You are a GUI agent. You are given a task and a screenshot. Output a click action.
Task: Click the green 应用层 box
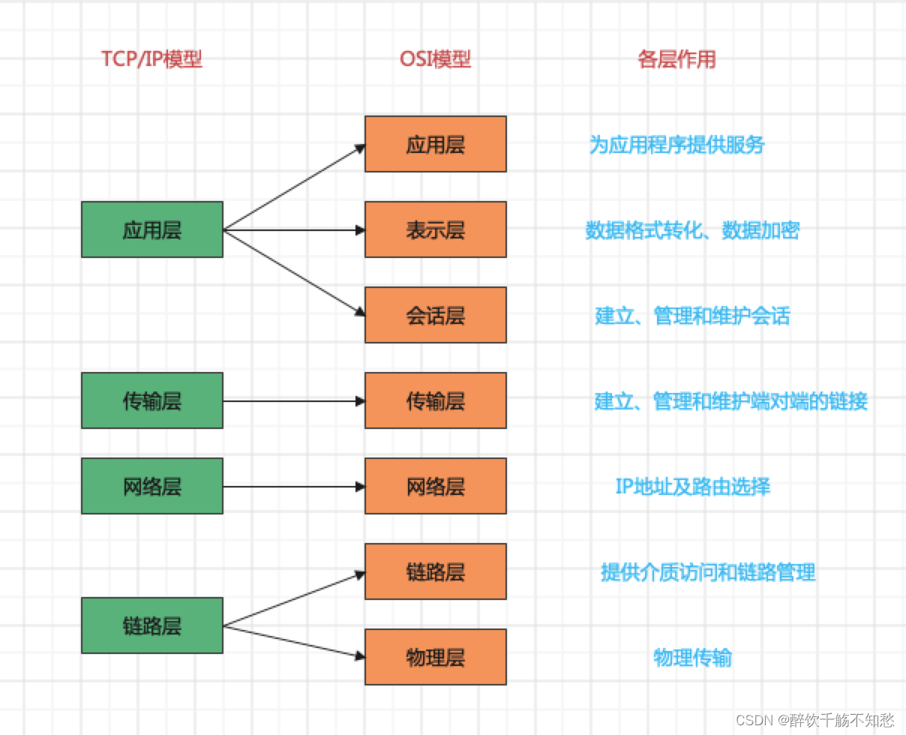point(152,229)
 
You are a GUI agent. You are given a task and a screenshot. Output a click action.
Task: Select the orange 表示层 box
point(436,229)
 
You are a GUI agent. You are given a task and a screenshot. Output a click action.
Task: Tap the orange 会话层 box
point(436,315)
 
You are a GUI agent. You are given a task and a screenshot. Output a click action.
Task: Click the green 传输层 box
point(152,400)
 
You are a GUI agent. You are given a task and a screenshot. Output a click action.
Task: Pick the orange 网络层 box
point(436,486)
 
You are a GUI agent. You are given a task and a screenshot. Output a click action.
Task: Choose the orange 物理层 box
point(436,657)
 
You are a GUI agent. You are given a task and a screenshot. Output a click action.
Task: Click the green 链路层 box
point(152,625)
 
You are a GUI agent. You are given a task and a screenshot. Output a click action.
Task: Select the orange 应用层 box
point(436,144)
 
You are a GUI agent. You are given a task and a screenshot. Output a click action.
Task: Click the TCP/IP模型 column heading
point(152,59)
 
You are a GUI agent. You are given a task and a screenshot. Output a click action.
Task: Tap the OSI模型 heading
point(435,59)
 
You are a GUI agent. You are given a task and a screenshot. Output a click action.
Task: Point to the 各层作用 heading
point(676,59)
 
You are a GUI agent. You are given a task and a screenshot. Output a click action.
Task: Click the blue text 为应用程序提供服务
point(676,145)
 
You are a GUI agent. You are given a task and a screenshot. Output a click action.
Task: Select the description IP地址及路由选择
point(692,487)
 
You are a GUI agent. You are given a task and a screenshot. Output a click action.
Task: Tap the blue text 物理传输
point(692,658)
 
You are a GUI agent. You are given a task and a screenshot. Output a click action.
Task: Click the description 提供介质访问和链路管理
point(707,572)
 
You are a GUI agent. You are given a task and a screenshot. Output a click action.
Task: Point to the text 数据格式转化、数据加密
point(692,230)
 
